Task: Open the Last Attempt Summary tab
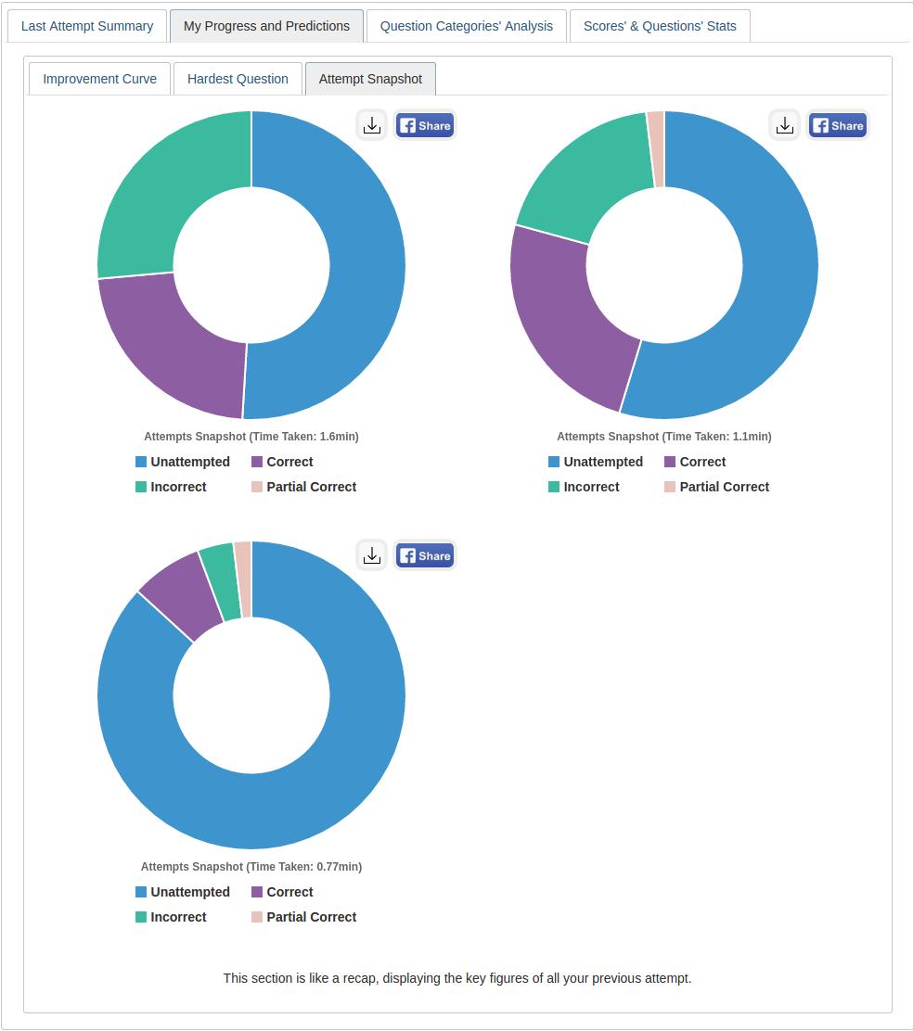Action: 87,26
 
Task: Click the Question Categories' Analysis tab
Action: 466,26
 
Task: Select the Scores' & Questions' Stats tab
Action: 660,26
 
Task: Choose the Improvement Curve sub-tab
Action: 100,79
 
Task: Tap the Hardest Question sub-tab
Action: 238,79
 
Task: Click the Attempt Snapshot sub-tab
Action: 370,79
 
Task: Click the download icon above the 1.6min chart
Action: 372,125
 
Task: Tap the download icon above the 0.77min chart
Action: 372,555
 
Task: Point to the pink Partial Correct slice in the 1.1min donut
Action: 656,148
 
